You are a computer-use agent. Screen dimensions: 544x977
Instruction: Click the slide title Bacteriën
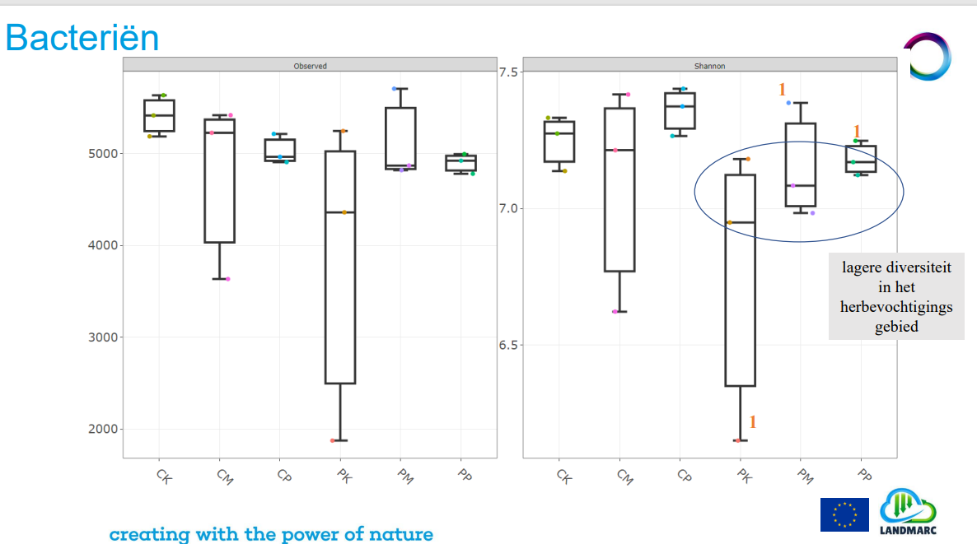coord(82,39)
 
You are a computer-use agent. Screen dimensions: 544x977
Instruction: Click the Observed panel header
coord(310,65)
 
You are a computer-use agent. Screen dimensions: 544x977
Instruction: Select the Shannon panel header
coord(708,65)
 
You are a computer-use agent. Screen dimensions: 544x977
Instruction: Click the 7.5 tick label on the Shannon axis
coord(510,72)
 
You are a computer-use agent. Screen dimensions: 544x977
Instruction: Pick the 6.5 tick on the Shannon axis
coord(510,345)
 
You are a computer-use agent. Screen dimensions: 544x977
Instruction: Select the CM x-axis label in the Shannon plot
coord(624,476)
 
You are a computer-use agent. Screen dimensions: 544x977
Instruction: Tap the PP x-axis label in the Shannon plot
coord(864,475)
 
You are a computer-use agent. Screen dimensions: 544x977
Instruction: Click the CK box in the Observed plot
coord(159,115)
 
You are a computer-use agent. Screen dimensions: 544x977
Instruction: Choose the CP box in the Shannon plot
coord(680,110)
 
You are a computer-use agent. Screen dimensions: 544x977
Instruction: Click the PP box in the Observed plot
coord(460,163)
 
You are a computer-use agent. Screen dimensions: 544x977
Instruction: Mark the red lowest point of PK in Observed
coord(333,440)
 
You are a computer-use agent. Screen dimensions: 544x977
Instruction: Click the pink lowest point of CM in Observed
coord(227,279)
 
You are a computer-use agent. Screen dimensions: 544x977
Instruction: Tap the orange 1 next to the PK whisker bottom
coord(752,422)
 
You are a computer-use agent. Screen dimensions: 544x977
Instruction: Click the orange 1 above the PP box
coord(857,131)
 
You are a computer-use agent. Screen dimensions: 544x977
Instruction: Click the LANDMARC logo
coord(908,511)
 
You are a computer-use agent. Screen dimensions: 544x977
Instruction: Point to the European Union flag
coord(844,514)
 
